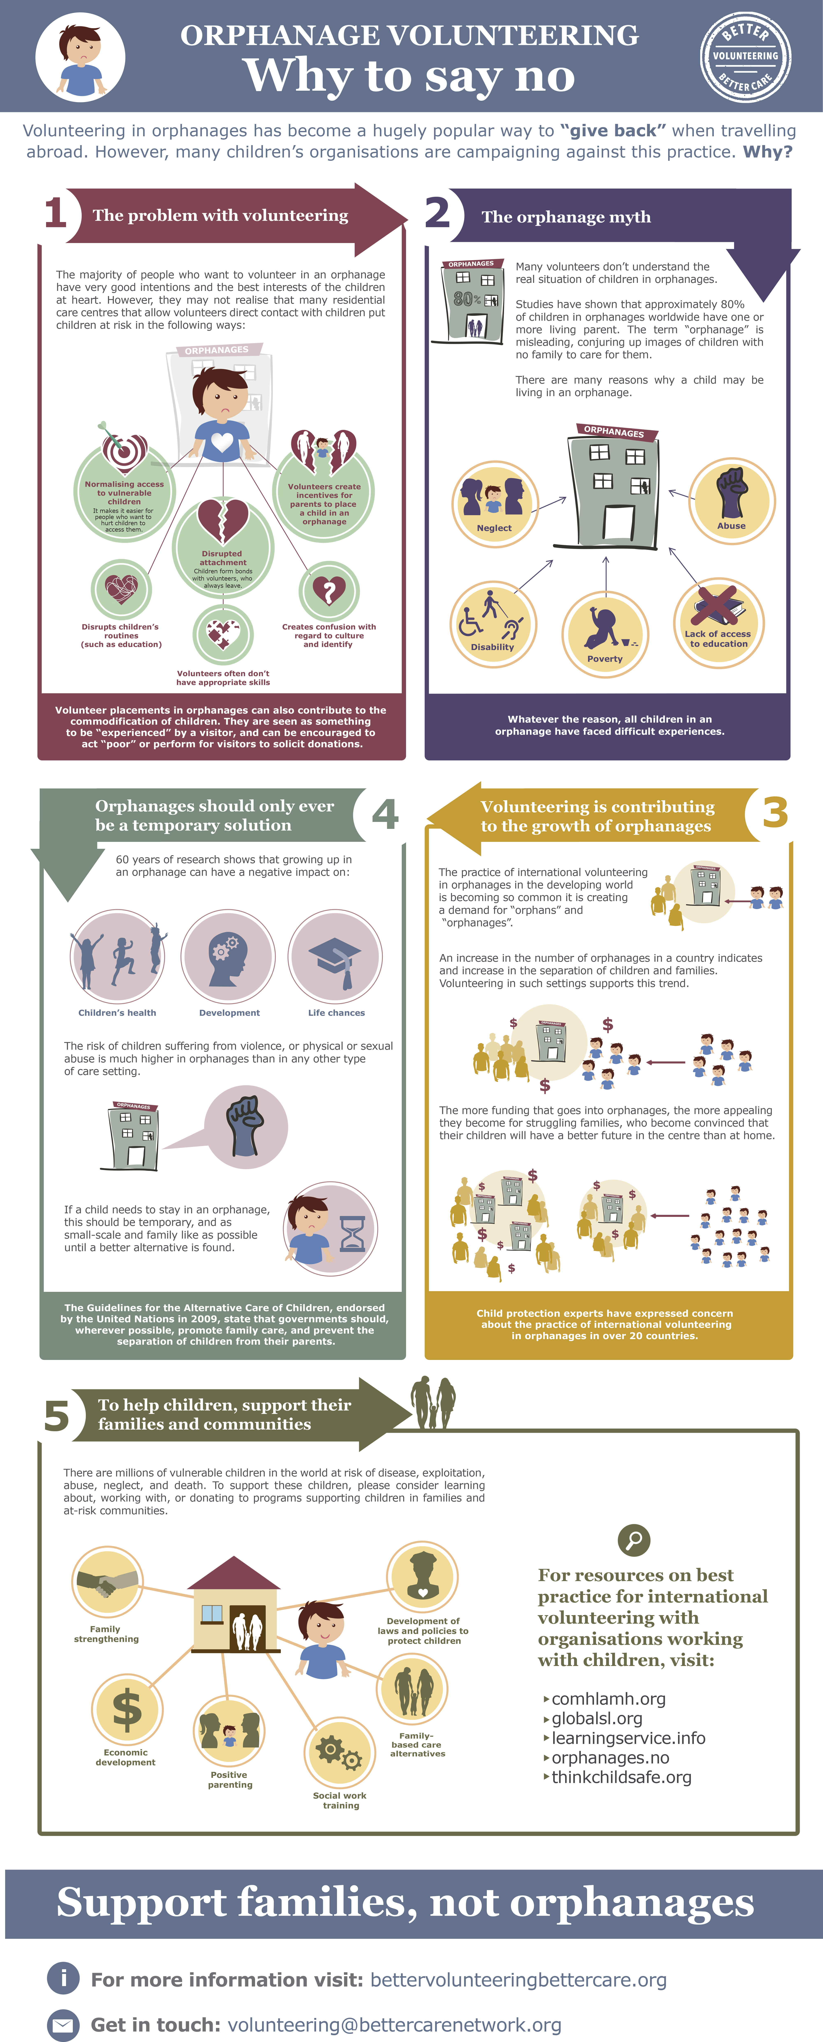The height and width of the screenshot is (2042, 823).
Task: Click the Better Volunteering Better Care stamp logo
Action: tap(745, 56)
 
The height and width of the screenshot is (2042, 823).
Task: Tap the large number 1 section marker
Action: tap(56, 212)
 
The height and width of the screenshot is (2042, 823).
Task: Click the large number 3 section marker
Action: tap(775, 812)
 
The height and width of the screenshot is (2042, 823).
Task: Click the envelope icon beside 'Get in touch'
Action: tap(63, 2025)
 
